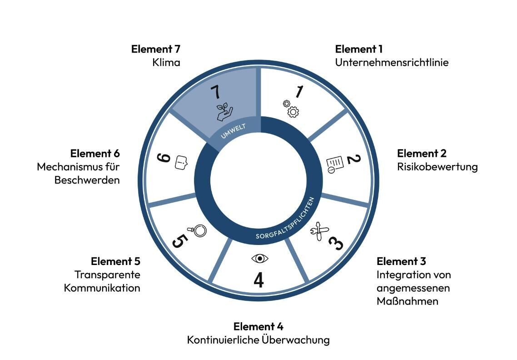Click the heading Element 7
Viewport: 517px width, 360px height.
(x=156, y=49)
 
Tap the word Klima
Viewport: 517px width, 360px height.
(x=166, y=62)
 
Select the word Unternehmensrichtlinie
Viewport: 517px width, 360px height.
(x=392, y=62)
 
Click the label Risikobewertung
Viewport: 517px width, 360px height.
(x=437, y=166)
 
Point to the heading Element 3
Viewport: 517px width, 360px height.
(x=401, y=261)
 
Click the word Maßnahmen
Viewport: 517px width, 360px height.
(x=407, y=301)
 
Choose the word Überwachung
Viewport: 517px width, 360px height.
(x=296, y=340)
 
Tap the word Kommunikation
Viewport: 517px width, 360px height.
(x=102, y=288)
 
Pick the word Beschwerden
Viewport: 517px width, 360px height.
(x=87, y=180)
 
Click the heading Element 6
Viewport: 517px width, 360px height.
(x=95, y=153)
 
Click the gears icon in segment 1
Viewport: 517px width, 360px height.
(x=291, y=108)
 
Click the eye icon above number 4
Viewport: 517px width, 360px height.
(x=259, y=259)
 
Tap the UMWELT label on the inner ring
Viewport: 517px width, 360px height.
(x=233, y=131)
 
